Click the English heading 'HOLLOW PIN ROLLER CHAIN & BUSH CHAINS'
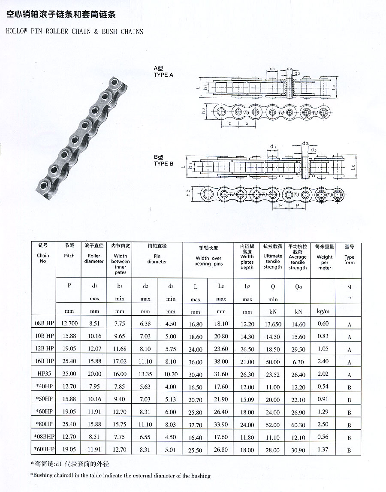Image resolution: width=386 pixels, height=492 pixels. [75, 31]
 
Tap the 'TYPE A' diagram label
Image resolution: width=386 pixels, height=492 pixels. [163, 75]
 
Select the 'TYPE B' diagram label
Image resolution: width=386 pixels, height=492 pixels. [163, 164]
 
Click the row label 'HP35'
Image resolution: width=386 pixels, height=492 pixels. [44, 374]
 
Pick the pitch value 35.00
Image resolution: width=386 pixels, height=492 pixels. [69, 374]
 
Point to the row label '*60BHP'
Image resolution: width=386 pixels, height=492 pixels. [44, 450]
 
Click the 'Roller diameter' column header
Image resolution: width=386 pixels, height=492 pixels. [94, 259]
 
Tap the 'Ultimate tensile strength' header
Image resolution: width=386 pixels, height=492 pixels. [273, 261]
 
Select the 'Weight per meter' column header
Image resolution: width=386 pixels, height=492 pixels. [325, 263]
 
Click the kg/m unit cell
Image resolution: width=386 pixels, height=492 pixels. [323, 311]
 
